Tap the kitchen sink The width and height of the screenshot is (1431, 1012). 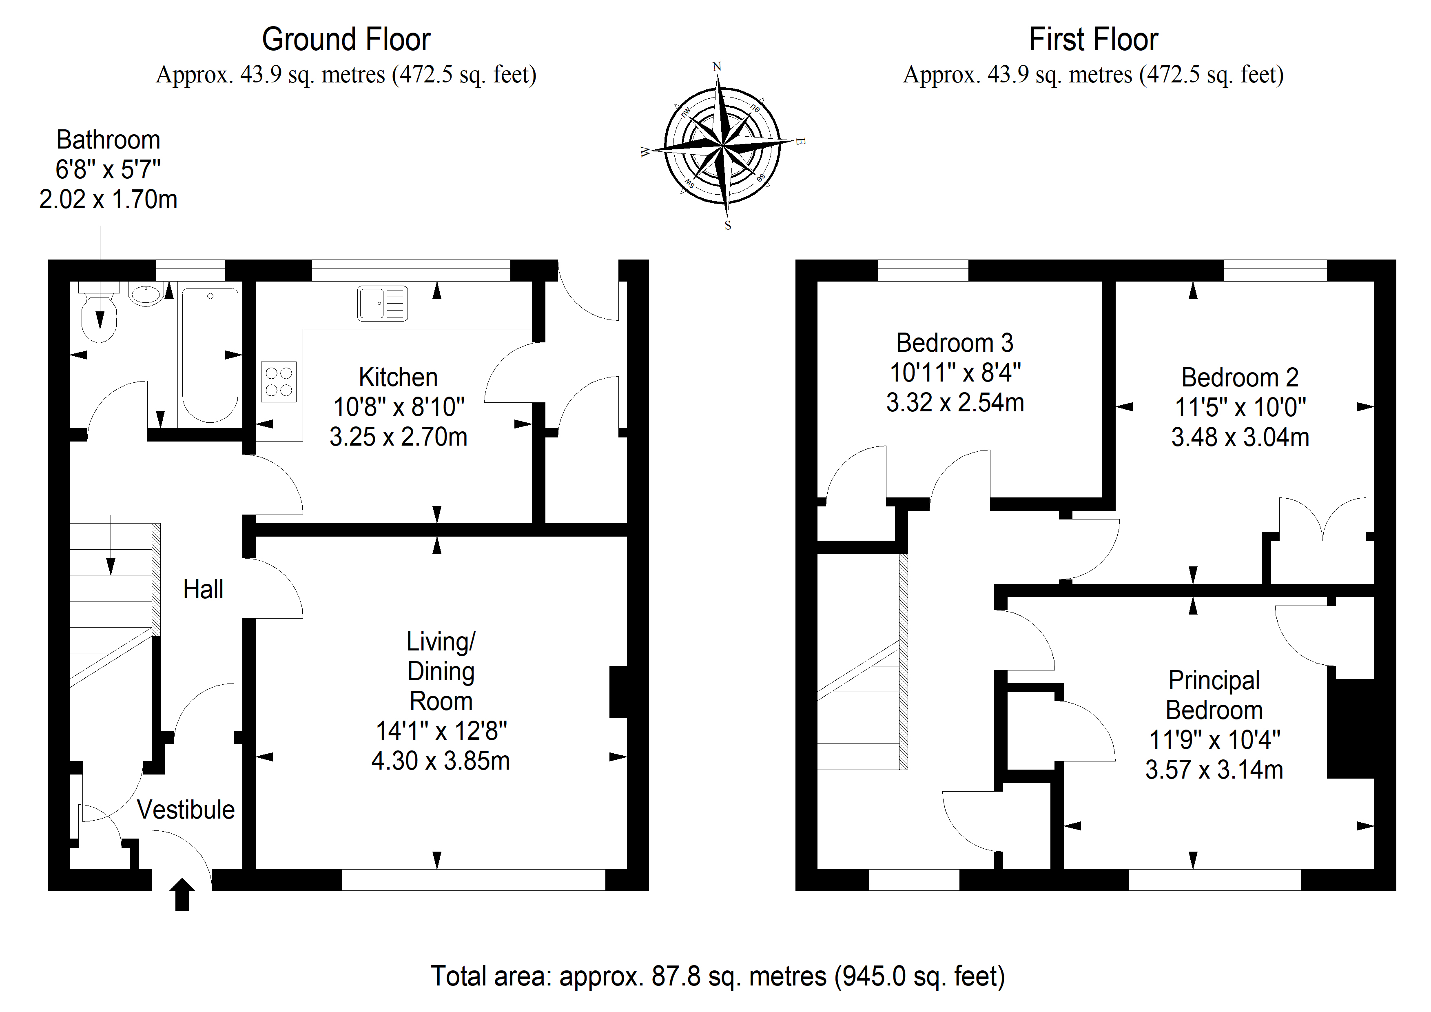click(383, 304)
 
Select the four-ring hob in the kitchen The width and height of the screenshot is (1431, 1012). click(279, 382)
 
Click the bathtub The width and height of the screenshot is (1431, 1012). click(210, 355)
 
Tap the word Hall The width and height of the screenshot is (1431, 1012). click(203, 589)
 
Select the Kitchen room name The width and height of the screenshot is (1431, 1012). click(398, 377)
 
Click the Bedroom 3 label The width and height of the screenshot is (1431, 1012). click(955, 343)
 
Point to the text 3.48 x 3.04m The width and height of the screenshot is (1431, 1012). click(1240, 437)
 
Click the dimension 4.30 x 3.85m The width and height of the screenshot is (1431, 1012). click(441, 761)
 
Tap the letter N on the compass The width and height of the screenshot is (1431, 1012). click(717, 67)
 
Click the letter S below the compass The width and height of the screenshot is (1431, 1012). click(727, 226)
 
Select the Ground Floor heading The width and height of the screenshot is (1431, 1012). click(346, 39)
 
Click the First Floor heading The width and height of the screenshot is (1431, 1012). click(1094, 39)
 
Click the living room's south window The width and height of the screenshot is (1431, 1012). click(474, 880)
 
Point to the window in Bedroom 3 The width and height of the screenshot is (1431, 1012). click(923, 271)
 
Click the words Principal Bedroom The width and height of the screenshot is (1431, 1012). click(1214, 695)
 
